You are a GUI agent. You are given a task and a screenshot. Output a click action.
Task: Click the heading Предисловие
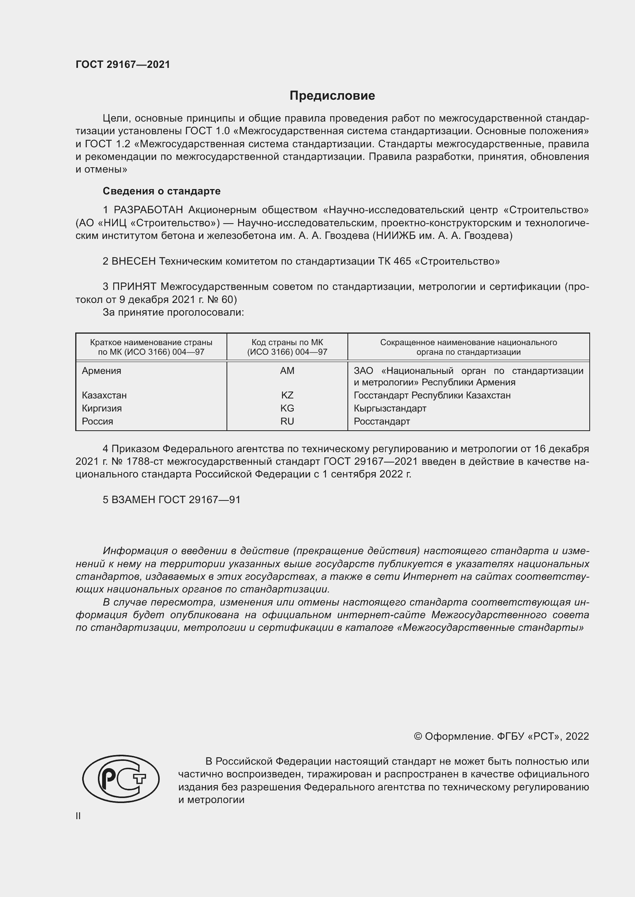click(x=332, y=96)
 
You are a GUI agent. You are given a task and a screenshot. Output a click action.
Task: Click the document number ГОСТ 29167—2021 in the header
click(x=123, y=65)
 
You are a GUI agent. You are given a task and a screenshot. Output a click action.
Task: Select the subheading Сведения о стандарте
click(x=161, y=191)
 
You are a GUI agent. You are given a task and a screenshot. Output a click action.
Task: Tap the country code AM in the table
click(x=287, y=371)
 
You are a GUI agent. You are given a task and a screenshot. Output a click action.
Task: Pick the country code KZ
click(x=287, y=395)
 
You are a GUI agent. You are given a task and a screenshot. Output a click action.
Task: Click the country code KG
click(x=287, y=408)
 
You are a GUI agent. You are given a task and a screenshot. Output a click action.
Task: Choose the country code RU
click(x=287, y=421)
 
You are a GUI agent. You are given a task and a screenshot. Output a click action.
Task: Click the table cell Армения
click(x=101, y=371)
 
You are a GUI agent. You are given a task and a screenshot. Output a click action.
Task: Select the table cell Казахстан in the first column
click(x=104, y=395)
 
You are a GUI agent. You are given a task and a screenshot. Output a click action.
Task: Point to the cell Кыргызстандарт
click(x=389, y=408)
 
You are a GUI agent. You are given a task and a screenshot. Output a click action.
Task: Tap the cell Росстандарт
click(x=382, y=421)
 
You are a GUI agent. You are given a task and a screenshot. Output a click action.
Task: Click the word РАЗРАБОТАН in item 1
click(x=148, y=210)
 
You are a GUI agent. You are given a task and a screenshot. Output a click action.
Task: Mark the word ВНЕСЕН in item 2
click(x=133, y=262)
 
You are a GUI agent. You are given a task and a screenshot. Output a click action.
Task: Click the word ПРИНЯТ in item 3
click(x=134, y=287)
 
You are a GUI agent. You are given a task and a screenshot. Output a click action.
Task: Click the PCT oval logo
click(x=121, y=778)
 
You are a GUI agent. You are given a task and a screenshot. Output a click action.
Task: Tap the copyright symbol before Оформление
click(x=418, y=736)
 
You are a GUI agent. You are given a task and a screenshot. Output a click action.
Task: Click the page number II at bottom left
click(x=78, y=816)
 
